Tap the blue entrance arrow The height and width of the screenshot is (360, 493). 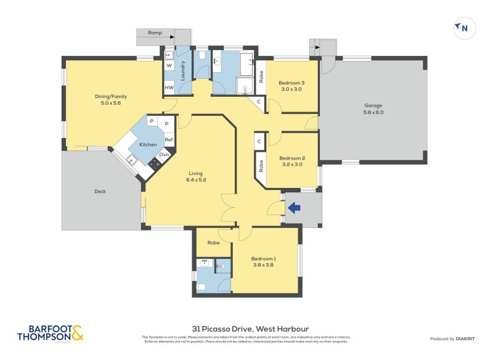[x=294, y=208]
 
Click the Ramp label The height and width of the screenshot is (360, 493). [x=155, y=33]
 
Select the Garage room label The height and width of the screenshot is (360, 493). [x=373, y=108]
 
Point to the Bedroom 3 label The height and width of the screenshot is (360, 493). [x=291, y=86]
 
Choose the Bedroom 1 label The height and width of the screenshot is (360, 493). [x=263, y=262]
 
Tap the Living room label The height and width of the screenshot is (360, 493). [x=196, y=177]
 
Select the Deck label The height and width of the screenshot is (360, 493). [x=100, y=191]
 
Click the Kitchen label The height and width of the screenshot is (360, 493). [x=148, y=144]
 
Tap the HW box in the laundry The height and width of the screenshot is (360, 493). [x=169, y=88]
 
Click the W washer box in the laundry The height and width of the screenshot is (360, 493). [x=169, y=65]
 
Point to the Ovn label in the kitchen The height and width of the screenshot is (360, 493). [x=163, y=155]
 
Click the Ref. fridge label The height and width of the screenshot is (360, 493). [x=168, y=140]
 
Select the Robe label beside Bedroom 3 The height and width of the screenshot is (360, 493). [x=261, y=77]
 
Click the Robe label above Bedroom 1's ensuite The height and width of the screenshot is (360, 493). [x=213, y=243]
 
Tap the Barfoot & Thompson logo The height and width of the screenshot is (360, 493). [x=50, y=333]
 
